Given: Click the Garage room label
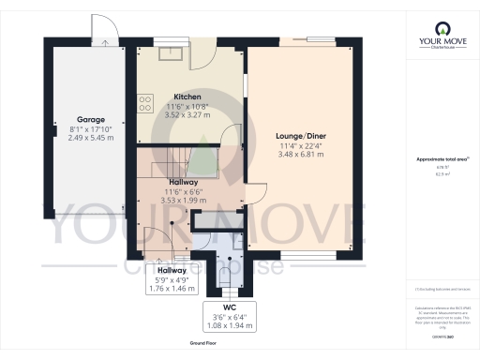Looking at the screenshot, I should pos(89,120).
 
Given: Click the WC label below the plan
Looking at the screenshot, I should pos(228,307).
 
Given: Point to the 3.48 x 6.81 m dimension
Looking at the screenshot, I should pos(302,154).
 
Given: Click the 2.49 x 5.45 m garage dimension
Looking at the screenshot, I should pos(89,137).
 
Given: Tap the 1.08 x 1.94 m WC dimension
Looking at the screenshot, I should pos(228,324).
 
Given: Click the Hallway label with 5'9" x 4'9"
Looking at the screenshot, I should pos(171,269).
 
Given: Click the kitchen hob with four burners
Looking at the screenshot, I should pos(145,103).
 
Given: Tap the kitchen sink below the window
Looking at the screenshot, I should pos(170,52).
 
